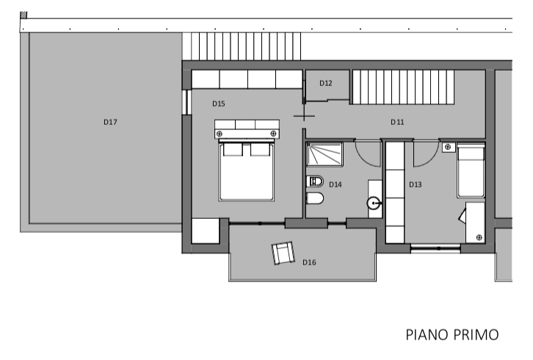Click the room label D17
pos(110,122)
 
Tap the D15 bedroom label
pos(219,104)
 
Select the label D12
pos(326,83)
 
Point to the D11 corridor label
pos(397,122)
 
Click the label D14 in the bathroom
pos(336,184)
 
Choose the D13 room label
pos(415,184)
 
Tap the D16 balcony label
pos(309,262)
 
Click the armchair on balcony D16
pos(283,253)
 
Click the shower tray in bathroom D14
pos(324,154)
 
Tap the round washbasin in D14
pos(374,204)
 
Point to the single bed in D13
pos(471,170)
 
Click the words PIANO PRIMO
pos(452,335)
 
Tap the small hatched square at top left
pos(23,15)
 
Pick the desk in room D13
pos(475,223)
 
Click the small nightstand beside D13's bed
pos(449,148)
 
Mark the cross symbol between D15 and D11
pos(304,116)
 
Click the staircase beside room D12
pos(403,87)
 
